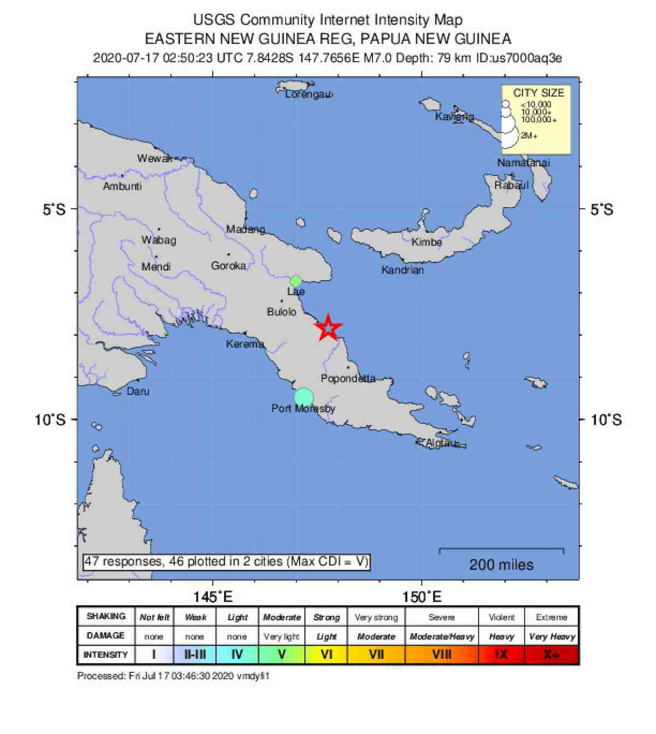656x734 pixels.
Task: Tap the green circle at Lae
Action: tap(296, 281)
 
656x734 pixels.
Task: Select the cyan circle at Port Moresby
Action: tap(304, 397)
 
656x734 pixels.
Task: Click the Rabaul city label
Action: tap(512, 185)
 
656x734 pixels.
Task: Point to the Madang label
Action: tap(246, 229)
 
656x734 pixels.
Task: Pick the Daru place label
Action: tap(138, 391)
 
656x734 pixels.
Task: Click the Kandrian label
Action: tap(402, 270)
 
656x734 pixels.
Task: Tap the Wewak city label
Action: tap(155, 159)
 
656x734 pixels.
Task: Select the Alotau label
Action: tap(441, 443)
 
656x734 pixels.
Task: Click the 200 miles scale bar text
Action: tap(501, 564)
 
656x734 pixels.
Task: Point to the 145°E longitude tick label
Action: tap(213, 597)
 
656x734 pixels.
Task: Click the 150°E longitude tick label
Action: tap(422, 597)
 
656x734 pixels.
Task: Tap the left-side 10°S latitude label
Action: tap(50, 420)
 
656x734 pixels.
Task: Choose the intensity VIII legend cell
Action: tap(442, 654)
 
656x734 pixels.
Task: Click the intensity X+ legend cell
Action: tap(551, 654)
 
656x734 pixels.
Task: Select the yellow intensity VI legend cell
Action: tap(326, 654)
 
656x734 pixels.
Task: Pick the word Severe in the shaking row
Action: tap(442, 617)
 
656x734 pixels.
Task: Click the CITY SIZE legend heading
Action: tap(538, 93)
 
